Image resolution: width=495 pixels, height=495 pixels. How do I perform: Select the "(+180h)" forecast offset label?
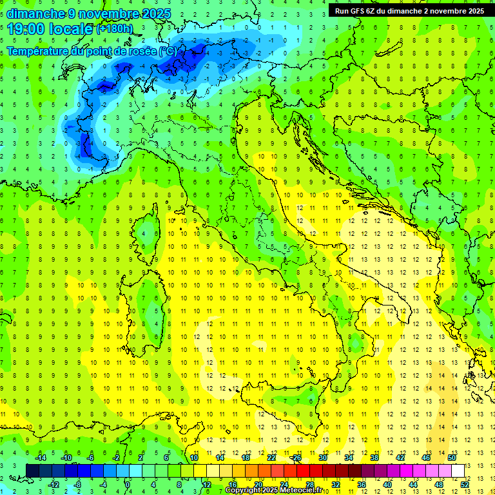[x=114, y=29]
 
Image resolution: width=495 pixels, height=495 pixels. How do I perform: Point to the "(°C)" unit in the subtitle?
[x=167, y=51]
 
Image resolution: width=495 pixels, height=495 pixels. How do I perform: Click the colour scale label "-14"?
[x=40, y=458]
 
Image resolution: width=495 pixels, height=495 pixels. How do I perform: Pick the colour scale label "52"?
[x=465, y=484]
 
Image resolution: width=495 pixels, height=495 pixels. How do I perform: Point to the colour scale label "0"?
[x=128, y=484]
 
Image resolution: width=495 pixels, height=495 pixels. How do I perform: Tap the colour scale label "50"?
[x=452, y=458]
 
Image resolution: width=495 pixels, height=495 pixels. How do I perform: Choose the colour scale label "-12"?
[x=53, y=484]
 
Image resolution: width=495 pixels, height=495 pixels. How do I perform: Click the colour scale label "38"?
[x=374, y=458]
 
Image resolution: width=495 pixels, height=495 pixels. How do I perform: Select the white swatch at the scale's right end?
[x=458, y=471]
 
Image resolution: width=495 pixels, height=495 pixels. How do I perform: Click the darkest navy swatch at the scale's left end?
[x=32, y=471]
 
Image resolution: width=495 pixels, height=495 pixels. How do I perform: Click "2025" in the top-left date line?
[x=157, y=14]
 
